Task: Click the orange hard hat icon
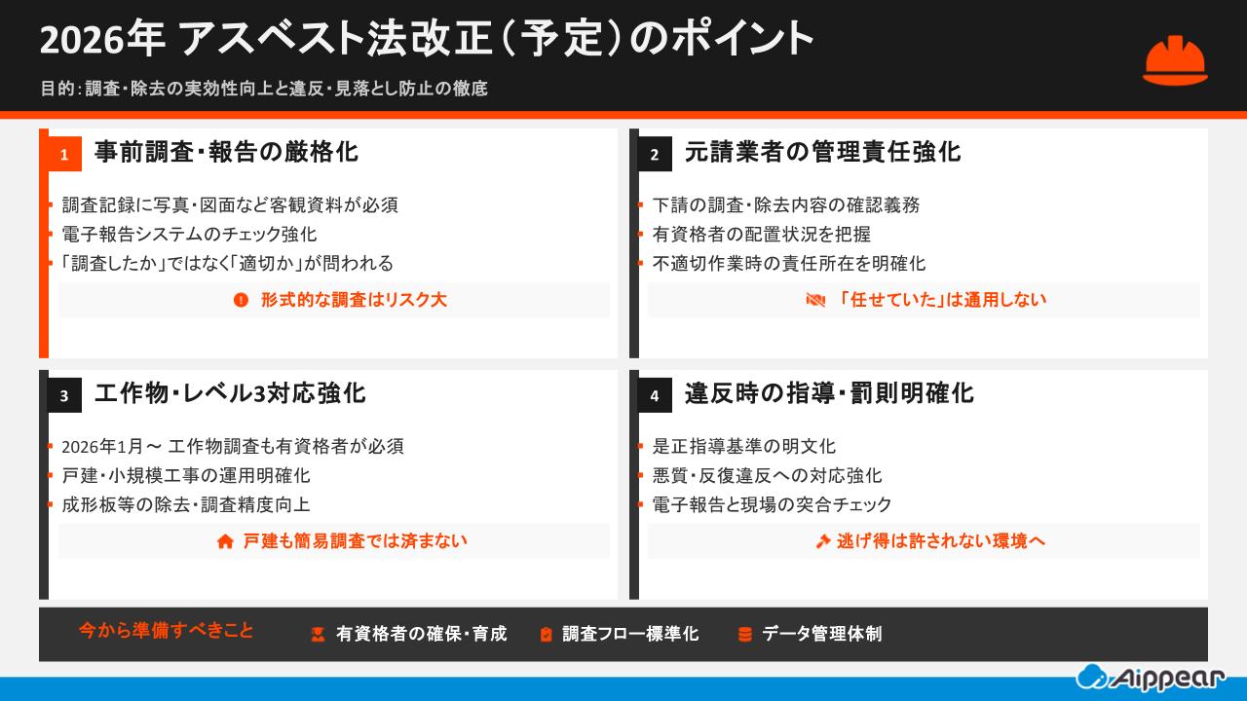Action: point(1175,60)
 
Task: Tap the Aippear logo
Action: point(1151,677)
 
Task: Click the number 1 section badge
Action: point(64,154)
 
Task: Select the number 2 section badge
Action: point(655,154)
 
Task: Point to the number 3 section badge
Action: point(64,395)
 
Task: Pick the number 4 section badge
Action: point(655,395)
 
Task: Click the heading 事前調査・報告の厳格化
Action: point(226,152)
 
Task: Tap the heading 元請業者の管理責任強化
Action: point(822,152)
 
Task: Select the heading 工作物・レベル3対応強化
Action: point(230,393)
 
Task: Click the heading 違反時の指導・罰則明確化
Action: point(829,393)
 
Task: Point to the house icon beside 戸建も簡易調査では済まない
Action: point(225,541)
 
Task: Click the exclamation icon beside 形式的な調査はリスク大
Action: point(242,300)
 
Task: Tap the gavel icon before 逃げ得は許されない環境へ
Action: point(822,541)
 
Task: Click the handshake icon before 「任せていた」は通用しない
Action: point(815,300)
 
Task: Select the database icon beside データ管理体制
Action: point(745,635)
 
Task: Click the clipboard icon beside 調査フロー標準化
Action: point(546,635)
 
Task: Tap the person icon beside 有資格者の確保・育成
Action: point(318,635)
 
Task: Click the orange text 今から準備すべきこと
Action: point(166,630)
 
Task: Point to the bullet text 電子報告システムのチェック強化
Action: point(189,235)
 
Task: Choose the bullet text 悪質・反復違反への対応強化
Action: point(767,475)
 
